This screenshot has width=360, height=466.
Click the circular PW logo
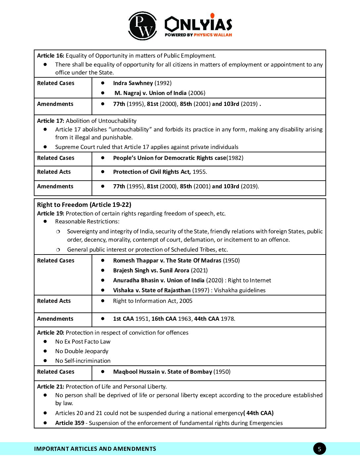click(x=143, y=26)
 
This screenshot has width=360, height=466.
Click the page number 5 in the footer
click(x=319, y=449)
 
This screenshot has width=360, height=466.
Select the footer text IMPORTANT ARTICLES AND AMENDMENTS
click(x=95, y=449)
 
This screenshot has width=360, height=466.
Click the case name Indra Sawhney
click(x=133, y=83)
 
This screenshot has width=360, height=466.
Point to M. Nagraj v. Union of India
click(x=151, y=93)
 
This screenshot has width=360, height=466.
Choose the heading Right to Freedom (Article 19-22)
click(x=84, y=205)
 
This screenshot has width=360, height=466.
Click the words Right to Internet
click(x=249, y=280)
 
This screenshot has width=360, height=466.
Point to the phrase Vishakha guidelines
click(x=240, y=290)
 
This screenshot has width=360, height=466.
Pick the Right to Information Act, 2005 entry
click(x=153, y=301)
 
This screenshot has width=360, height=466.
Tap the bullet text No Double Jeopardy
click(x=82, y=351)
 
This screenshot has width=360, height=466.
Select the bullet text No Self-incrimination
click(x=83, y=361)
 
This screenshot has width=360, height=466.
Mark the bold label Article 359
click(x=69, y=423)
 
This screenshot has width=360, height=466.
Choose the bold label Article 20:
click(x=51, y=333)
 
